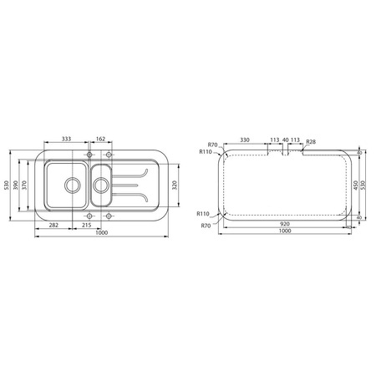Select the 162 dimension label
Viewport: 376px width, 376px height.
tap(99, 139)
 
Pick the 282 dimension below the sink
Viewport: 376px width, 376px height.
tap(53, 225)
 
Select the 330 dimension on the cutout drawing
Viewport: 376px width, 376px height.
tap(245, 140)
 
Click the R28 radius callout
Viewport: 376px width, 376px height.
tap(310, 142)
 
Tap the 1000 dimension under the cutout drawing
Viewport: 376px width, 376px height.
tap(285, 231)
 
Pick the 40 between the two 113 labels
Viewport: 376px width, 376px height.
tap(285, 140)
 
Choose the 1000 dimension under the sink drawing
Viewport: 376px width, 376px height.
tap(102, 233)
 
